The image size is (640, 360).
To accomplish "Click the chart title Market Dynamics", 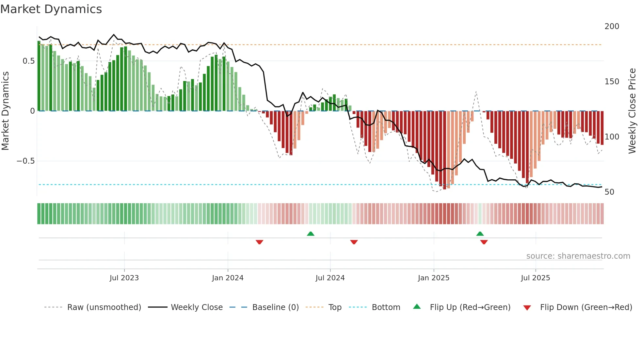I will click(x=51, y=9).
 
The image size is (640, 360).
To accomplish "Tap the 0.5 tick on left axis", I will click(x=28, y=61).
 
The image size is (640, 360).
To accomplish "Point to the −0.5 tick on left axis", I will click(x=25, y=161).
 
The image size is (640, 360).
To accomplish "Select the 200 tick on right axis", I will click(x=612, y=26).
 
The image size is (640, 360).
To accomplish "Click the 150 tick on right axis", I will click(x=612, y=82).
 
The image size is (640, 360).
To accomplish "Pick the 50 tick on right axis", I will click(x=609, y=192).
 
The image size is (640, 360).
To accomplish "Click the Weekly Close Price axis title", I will click(x=632, y=111).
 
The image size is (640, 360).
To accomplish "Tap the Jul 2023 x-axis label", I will click(x=124, y=278).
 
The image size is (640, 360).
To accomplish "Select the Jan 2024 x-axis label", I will click(x=228, y=278).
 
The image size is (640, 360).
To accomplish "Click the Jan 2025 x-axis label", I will click(x=434, y=278).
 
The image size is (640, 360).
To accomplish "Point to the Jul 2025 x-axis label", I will click(x=536, y=278).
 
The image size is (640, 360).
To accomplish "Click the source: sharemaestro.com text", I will click(x=578, y=256).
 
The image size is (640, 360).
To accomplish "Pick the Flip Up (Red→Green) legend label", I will click(x=470, y=307).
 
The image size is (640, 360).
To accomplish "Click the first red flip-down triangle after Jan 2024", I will click(x=260, y=242).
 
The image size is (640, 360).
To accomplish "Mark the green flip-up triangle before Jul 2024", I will click(x=311, y=234).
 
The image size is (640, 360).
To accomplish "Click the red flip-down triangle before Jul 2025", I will click(x=484, y=242).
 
